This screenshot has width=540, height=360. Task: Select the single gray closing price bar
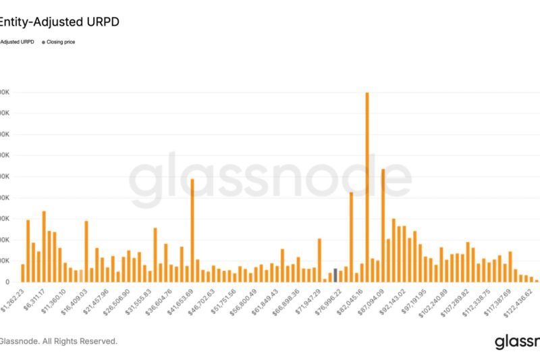click(x=335, y=275)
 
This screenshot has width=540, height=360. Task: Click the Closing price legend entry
click(x=62, y=42)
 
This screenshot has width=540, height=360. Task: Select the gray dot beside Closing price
click(x=44, y=42)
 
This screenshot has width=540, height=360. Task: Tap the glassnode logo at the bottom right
click(x=517, y=342)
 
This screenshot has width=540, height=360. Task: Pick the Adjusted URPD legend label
click(x=16, y=42)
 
